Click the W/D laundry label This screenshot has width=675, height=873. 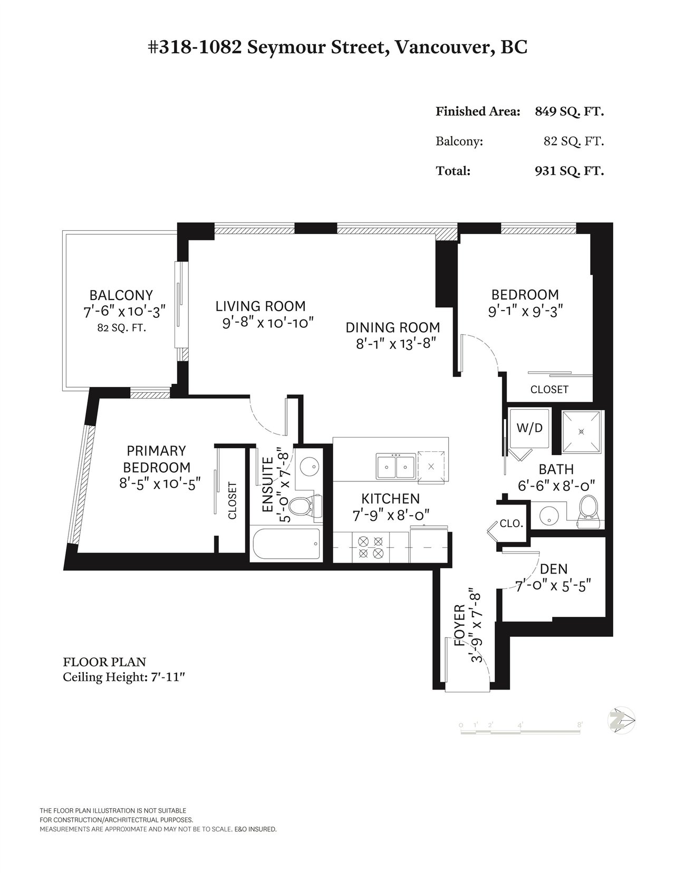pos(529,428)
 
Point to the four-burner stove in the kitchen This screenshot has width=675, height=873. pos(371,547)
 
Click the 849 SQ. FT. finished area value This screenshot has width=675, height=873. pos(570,111)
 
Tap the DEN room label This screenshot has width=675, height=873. pos(554,569)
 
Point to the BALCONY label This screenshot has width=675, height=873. pos(121,295)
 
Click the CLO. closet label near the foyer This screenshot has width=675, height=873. pos(511,523)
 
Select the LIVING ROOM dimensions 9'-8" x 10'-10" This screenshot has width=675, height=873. pos(267,323)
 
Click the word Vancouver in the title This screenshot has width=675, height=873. pos(440,47)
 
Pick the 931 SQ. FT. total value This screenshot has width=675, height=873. pos(570,171)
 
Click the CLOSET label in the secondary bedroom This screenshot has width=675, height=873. pos(549,389)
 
